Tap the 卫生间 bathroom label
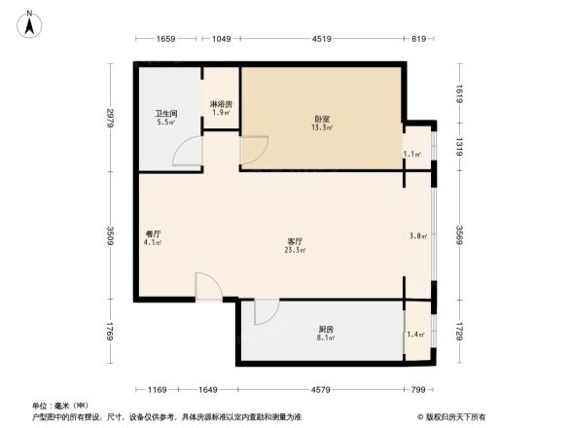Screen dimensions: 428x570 (x=164, y=115)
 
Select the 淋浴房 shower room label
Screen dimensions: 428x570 (x=221, y=103)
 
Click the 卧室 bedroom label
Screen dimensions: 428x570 (x=322, y=120)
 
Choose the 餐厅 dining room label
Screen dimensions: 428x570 (x=154, y=233)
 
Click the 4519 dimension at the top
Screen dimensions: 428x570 (x=322, y=39)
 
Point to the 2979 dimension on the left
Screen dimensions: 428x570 (x=113, y=119)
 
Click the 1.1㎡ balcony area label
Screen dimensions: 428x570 (x=412, y=154)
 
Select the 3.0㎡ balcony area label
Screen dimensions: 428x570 (x=418, y=235)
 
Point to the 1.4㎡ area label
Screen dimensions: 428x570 (x=416, y=334)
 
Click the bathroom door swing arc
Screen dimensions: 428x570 (x=188, y=152)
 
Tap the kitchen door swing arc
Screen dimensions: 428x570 (x=267, y=312)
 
